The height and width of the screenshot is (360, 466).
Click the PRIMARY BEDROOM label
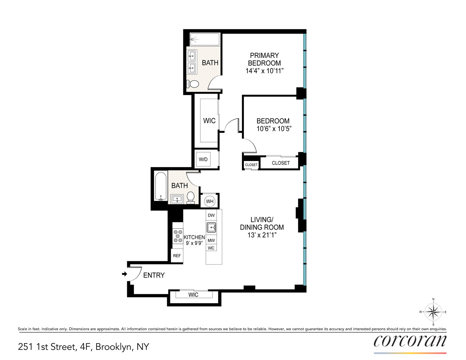point(264,59)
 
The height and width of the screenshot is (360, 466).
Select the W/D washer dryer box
point(203,159)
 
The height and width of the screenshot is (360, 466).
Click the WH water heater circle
point(210,201)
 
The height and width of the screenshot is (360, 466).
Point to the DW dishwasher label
point(211,215)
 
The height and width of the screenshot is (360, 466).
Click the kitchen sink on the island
point(211,228)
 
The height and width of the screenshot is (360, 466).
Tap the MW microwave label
point(211,240)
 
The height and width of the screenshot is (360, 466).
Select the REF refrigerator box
point(177,256)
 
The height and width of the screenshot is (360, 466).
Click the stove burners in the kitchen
point(178,236)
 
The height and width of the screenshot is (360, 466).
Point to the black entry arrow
point(125,274)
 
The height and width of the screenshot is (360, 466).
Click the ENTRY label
point(154,275)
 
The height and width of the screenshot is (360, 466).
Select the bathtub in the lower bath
point(160,186)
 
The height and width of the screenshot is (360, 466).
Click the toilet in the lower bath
point(191,197)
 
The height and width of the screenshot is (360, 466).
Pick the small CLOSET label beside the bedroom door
point(251,165)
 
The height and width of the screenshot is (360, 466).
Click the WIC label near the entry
point(193,295)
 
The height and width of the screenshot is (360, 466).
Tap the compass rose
point(433,312)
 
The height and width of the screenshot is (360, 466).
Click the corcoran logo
point(410,341)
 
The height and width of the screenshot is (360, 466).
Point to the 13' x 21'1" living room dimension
point(262,235)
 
